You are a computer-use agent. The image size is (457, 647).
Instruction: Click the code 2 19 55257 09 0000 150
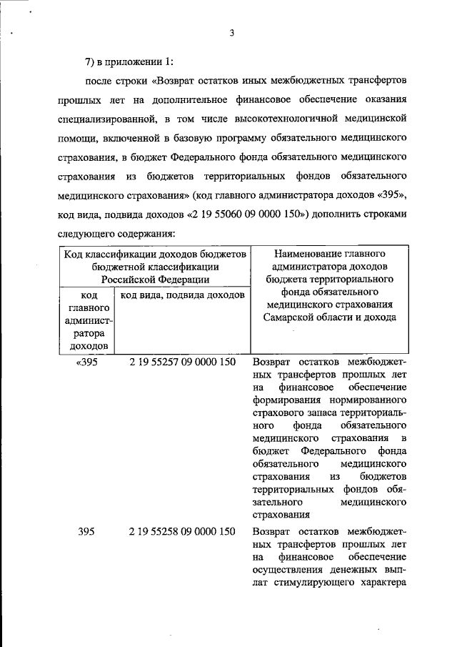(x=183, y=362)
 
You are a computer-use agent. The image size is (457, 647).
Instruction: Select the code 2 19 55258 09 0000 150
(x=183, y=531)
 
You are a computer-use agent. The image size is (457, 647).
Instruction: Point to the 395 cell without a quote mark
(x=86, y=531)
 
